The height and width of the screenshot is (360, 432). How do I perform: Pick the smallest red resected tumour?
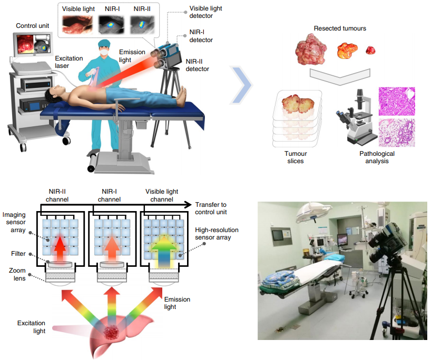coord(371,51)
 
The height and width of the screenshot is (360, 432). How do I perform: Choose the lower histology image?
coord(396,133)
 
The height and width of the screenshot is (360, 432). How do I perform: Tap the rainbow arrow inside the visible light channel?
coord(164,247)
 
